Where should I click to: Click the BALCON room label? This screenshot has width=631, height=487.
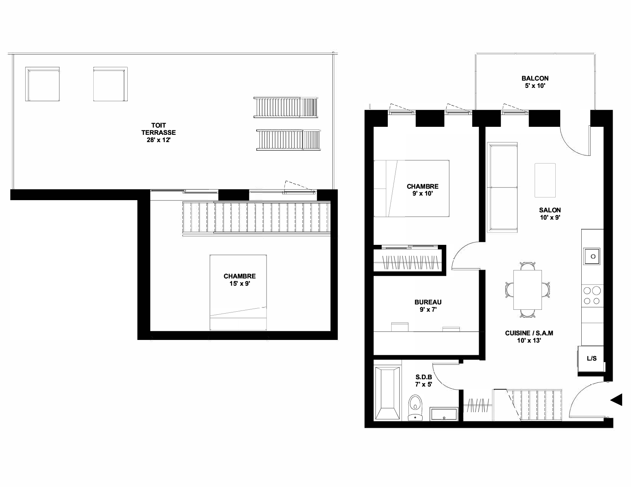click(x=535, y=78)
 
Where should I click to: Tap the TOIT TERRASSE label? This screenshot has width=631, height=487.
click(x=158, y=129)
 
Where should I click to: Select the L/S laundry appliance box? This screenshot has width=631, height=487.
click(x=592, y=359)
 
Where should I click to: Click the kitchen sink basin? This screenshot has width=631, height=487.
click(x=592, y=256)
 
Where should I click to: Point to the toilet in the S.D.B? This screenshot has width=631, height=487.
click(x=415, y=408)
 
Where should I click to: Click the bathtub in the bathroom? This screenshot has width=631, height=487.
click(x=387, y=393)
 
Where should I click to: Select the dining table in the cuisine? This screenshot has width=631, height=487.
click(x=527, y=290)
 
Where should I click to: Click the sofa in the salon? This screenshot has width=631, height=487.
click(x=502, y=188)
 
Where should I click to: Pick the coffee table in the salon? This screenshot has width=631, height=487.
click(x=545, y=180)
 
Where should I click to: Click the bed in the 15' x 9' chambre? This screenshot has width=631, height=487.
click(x=238, y=292)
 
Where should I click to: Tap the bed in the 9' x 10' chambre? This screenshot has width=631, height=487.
click(x=411, y=189)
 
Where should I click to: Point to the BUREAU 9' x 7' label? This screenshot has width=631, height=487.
click(x=428, y=306)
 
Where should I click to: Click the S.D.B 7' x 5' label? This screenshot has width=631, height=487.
click(x=424, y=380)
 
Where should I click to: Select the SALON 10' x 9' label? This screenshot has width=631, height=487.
click(x=550, y=214)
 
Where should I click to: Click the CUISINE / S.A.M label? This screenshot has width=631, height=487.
click(x=529, y=333)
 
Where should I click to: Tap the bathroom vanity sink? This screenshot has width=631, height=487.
click(x=444, y=414)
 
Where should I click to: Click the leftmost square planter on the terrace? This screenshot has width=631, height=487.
click(x=42, y=84)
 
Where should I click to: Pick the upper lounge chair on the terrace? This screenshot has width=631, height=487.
click(x=286, y=107)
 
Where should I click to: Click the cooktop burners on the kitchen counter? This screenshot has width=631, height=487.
click(x=592, y=296)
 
